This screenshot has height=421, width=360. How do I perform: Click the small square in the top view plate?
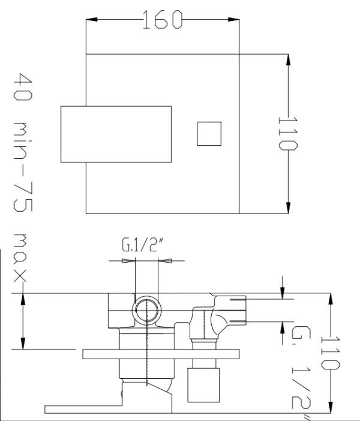(x=209, y=134)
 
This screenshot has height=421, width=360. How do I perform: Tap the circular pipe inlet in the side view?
(x=147, y=310)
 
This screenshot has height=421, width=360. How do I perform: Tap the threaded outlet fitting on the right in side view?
(x=231, y=309)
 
